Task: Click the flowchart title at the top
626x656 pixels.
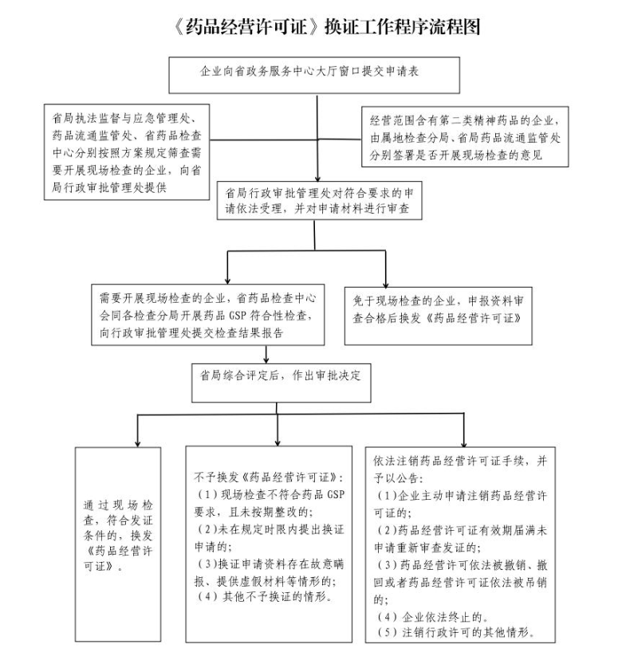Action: (x=326, y=27)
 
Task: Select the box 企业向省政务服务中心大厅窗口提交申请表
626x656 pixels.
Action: (x=314, y=75)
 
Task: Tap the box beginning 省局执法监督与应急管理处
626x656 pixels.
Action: (x=127, y=152)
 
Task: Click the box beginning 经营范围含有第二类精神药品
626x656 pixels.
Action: (x=465, y=137)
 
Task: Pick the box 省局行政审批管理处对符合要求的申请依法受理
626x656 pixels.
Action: (x=319, y=200)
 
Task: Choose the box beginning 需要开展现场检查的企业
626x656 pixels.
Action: (x=208, y=315)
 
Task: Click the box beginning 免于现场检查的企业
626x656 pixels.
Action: (x=438, y=316)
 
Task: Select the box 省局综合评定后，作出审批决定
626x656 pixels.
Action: (x=282, y=383)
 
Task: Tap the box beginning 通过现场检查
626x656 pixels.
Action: (x=118, y=544)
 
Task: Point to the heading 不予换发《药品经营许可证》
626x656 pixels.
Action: (x=269, y=477)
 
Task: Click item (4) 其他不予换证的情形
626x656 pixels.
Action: (x=265, y=596)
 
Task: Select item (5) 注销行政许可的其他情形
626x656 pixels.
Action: (x=455, y=632)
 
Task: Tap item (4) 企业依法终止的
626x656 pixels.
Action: (x=432, y=617)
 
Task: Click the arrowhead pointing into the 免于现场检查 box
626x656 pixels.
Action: (x=386, y=284)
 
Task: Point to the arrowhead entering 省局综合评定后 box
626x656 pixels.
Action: (x=266, y=360)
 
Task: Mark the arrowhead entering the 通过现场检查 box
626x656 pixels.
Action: (x=138, y=443)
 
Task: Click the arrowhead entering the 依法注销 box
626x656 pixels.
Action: (x=463, y=443)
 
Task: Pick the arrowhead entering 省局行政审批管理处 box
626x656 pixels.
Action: (x=317, y=178)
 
